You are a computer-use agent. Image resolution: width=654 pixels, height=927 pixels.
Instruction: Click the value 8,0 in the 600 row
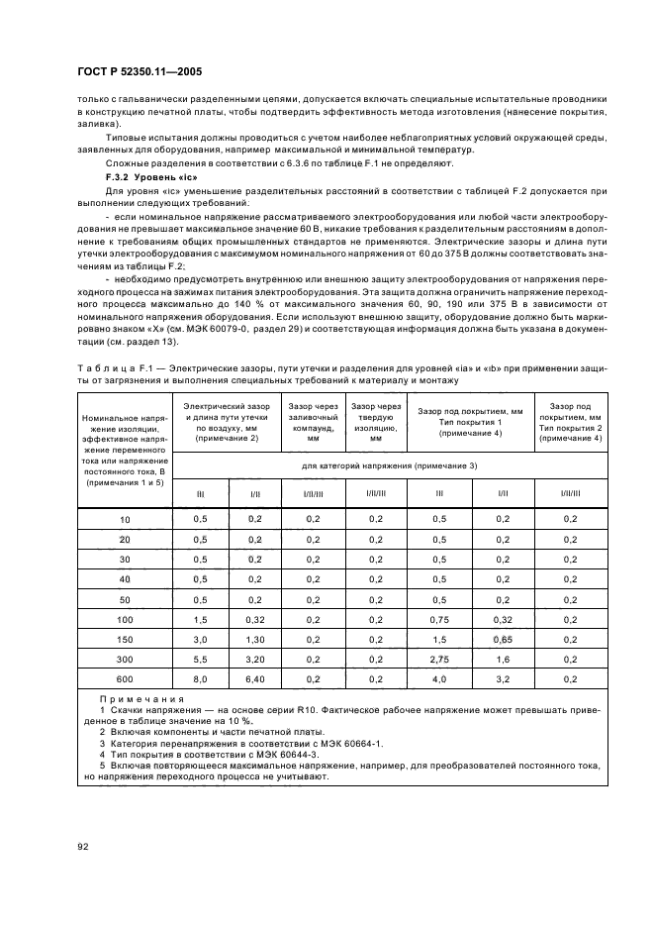click(201, 680)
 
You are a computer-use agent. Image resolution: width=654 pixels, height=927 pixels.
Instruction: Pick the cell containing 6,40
click(254, 680)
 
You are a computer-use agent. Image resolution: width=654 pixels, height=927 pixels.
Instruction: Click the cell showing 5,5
click(201, 658)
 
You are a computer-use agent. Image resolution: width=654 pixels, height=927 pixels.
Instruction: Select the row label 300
click(125, 658)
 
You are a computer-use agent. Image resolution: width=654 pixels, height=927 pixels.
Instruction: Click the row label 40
click(125, 577)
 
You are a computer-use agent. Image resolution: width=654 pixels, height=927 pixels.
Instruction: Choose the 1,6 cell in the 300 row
click(502, 658)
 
